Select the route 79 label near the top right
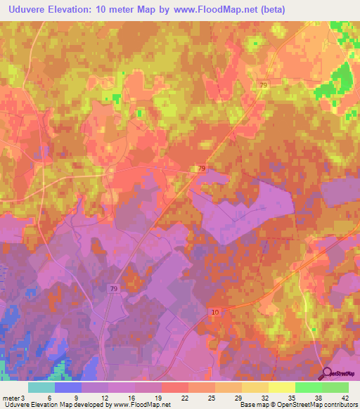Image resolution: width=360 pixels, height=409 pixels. click(263, 86)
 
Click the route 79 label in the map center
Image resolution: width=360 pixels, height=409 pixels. click(202, 169)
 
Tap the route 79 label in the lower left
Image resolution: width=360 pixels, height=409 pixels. click(114, 289)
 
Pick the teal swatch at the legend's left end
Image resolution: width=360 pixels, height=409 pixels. click(41, 387)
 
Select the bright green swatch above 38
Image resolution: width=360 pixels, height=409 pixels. click(309, 387)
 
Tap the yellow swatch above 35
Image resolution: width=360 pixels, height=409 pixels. click(282, 387)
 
